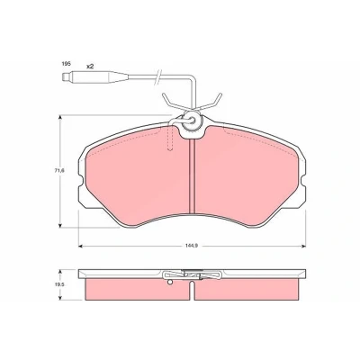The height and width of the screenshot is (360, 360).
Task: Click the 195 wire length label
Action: pyautogui.click(x=66, y=64)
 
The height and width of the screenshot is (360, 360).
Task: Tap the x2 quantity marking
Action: pyautogui.click(x=90, y=67)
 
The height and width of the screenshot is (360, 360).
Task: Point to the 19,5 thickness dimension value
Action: pyautogui.click(x=62, y=285)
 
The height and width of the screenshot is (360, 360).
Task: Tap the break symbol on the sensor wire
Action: pyautogui.click(x=157, y=77)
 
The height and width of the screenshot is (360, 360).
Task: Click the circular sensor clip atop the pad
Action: pyautogui.click(x=191, y=121)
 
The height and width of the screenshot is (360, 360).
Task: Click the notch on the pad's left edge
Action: pyautogui.click(x=80, y=181)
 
